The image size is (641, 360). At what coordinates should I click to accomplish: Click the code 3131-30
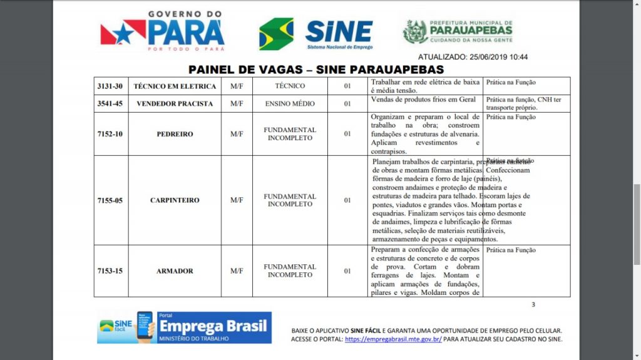110,86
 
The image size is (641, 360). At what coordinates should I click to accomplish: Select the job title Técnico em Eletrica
175,86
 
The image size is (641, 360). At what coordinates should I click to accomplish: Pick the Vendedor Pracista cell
175,103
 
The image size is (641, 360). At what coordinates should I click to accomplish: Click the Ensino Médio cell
290,103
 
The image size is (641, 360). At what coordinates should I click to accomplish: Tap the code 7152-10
110,134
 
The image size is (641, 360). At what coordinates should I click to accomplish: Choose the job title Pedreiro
175,134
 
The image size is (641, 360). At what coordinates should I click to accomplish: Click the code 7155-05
110,200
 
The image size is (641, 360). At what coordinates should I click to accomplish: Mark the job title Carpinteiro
175,200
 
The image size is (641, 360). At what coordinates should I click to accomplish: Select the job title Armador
175,271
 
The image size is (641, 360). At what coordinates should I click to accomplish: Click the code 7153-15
110,271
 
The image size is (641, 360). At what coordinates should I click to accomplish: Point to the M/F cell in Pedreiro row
237,134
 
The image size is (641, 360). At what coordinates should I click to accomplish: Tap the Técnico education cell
290,86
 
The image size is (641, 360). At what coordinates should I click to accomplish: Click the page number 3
533,305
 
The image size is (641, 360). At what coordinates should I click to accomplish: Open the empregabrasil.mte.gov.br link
393,339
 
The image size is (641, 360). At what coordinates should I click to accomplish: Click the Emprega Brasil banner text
213,326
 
